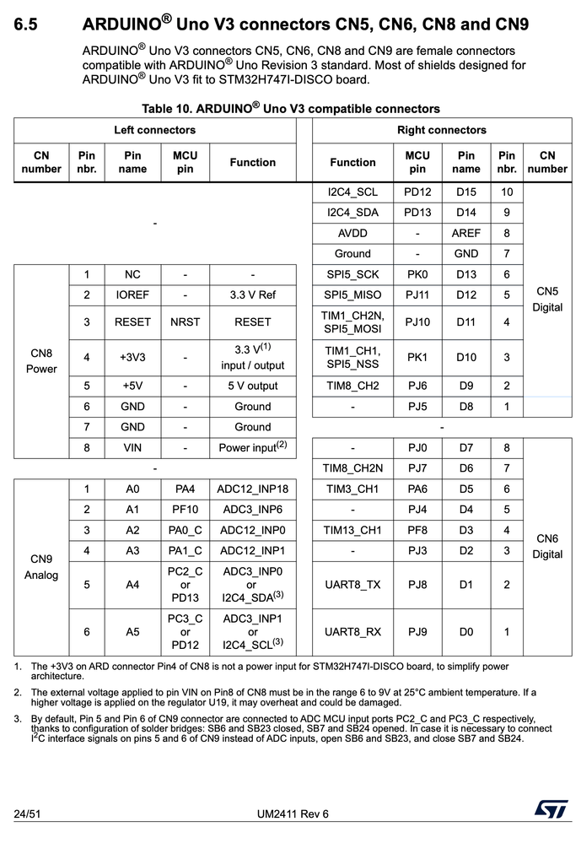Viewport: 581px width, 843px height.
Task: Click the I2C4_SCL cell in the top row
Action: (352, 192)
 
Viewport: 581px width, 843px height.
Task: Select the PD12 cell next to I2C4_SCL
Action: (417, 192)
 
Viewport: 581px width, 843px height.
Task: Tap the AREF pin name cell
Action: (466, 233)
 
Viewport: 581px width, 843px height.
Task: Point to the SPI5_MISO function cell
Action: (352, 295)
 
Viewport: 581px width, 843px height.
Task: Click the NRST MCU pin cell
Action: (185, 322)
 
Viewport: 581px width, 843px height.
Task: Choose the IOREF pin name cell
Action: (132, 295)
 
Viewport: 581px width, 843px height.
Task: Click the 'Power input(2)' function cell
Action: (252, 447)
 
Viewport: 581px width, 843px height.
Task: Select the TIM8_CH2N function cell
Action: (352, 468)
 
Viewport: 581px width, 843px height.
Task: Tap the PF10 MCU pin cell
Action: (185, 510)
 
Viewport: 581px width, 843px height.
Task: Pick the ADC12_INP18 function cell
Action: (252, 489)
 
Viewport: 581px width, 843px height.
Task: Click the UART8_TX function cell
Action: (352, 584)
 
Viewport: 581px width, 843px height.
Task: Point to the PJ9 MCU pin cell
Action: (417, 631)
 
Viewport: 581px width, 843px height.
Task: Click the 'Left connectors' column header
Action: (155, 130)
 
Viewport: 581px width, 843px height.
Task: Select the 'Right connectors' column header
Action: (441, 130)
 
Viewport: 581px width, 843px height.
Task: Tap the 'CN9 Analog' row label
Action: (41, 566)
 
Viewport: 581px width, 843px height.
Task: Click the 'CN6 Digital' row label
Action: (547, 546)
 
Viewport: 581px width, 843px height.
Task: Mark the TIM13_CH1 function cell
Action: (352, 530)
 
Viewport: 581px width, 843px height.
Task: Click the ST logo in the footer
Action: (550, 810)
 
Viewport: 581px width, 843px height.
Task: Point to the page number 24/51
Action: (29, 813)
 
